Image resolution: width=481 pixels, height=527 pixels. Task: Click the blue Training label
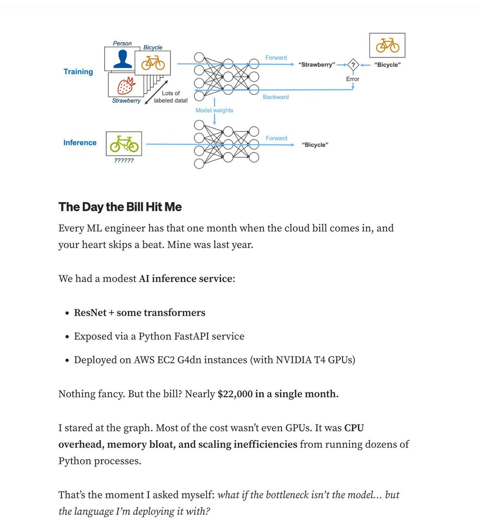point(78,72)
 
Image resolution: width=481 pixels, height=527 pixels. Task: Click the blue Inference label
point(80,143)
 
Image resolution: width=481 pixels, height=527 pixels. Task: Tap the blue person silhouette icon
point(123,59)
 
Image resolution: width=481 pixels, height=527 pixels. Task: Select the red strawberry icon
point(126,86)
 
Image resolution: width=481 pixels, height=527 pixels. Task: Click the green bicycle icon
point(124,144)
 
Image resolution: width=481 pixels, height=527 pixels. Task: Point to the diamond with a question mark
point(353,65)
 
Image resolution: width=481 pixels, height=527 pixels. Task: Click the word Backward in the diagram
point(276,97)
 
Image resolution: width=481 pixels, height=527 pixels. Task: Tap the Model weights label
point(214,110)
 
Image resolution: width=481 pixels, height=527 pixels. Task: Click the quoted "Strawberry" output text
point(317,65)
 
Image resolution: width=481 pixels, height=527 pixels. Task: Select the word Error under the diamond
point(353,79)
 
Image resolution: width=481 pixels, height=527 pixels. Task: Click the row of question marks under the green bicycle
point(124,161)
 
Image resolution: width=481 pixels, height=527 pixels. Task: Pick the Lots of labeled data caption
point(171,97)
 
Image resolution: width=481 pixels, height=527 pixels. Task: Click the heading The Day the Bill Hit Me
point(120,207)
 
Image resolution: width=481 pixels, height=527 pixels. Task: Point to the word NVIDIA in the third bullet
point(293,360)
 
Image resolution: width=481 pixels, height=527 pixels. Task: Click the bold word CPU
point(354,428)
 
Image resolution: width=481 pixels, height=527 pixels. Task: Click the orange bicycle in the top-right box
point(387,45)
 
